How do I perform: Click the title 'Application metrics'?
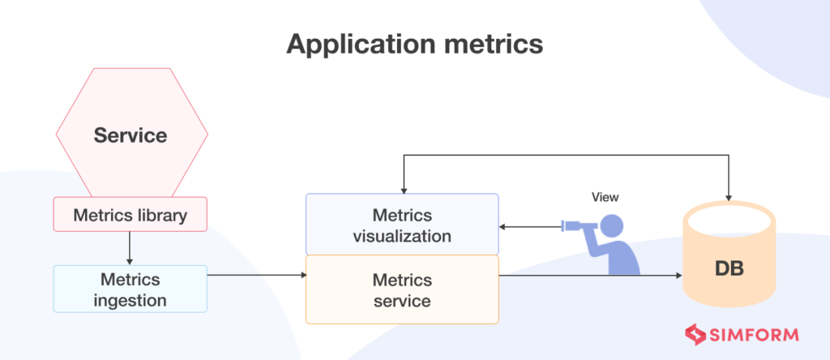[x=414, y=45]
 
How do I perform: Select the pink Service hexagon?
[x=130, y=134]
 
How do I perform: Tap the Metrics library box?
[x=130, y=216]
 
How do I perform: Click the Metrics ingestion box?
[x=130, y=289]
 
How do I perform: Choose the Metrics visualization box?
[x=401, y=225]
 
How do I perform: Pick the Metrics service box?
[x=401, y=289]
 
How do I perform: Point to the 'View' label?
[x=605, y=196]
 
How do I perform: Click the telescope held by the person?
[x=580, y=226]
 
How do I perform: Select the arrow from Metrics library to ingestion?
[x=130, y=248]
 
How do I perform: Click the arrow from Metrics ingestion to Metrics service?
[x=256, y=276]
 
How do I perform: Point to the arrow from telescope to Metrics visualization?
[x=531, y=227]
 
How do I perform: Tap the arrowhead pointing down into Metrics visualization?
[x=402, y=189]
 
